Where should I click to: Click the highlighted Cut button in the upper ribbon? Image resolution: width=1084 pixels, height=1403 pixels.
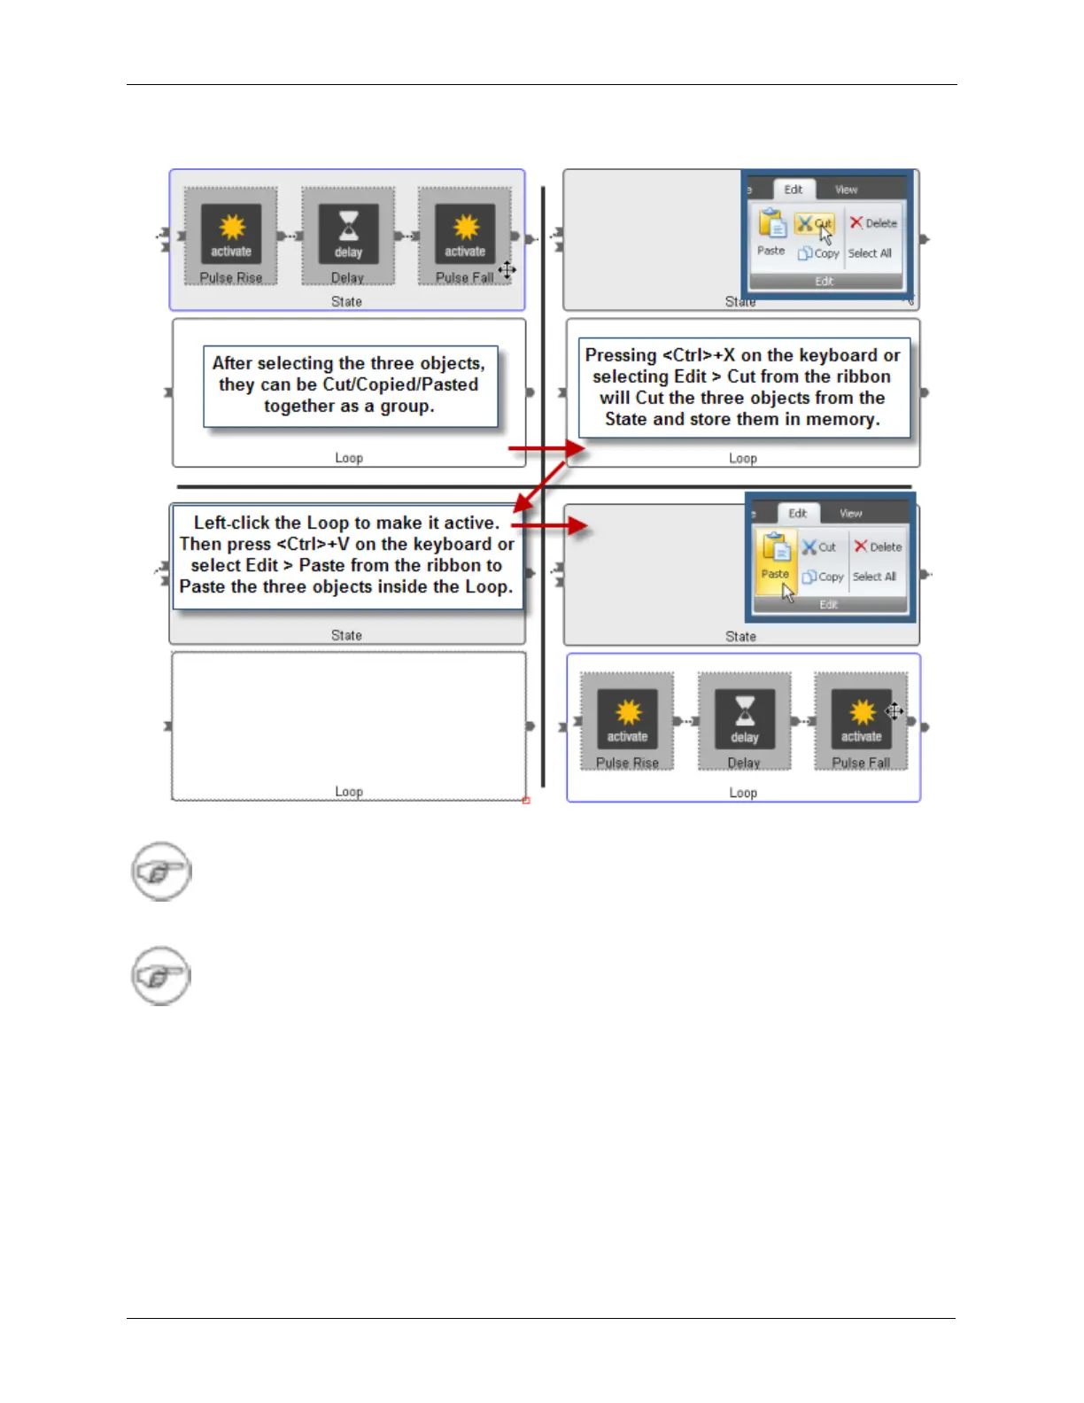814,223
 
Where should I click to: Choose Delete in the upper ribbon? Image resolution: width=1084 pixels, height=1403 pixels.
873,223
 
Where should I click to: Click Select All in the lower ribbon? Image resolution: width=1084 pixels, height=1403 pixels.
874,577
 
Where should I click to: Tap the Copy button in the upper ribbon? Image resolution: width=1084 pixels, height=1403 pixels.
818,253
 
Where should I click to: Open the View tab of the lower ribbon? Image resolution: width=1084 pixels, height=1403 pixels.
850,513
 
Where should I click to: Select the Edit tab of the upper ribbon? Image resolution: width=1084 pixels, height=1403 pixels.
793,190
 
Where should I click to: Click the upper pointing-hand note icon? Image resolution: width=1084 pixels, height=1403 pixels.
161,872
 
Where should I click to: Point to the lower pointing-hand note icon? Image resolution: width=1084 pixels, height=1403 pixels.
161,976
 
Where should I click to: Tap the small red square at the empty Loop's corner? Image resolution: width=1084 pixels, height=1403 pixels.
526,801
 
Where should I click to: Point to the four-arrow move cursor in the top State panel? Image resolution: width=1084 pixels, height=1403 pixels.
507,269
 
